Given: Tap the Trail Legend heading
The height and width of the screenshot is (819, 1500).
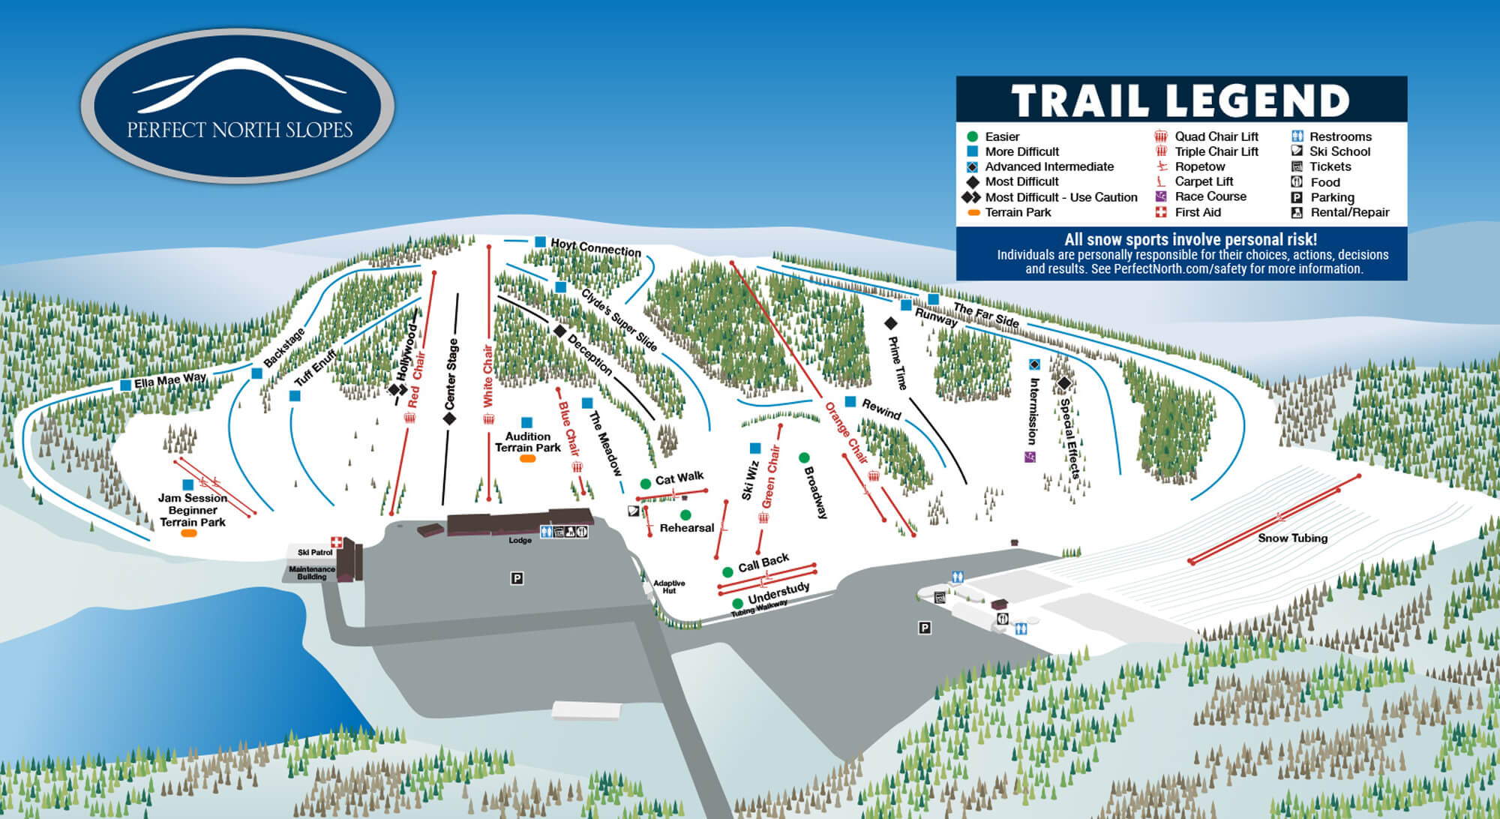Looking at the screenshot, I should click(1180, 100).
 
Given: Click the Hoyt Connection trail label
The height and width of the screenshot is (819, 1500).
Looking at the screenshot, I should click(595, 247).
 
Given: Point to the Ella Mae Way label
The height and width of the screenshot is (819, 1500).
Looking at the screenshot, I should click(170, 381).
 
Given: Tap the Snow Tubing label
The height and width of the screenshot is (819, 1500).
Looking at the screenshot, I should click(1292, 538).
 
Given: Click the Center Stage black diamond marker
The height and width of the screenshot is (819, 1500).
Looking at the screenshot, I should click(449, 418).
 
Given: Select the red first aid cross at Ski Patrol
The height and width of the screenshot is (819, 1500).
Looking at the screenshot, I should click(337, 541).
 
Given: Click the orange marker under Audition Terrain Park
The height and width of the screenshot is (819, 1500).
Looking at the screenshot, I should click(528, 458).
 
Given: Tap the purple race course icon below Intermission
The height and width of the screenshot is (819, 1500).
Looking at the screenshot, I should click(1030, 457).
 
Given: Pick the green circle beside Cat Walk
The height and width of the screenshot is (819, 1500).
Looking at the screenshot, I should click(645, 484).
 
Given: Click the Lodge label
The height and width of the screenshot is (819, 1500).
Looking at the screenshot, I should click(520, 540).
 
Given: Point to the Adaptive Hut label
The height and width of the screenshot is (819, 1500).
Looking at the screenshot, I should click(668, 586).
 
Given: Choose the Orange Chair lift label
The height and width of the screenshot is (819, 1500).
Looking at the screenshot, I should click(846, 433).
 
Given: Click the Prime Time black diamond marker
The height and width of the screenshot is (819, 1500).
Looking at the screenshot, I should click(890, 323).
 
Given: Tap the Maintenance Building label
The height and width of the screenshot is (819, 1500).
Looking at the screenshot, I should click(312, 573).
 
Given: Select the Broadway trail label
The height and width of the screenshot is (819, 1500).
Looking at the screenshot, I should click(815, 492).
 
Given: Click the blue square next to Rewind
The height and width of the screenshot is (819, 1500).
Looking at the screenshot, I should click(850, 402).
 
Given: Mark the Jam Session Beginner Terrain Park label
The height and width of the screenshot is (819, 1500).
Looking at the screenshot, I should click(193, 510).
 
